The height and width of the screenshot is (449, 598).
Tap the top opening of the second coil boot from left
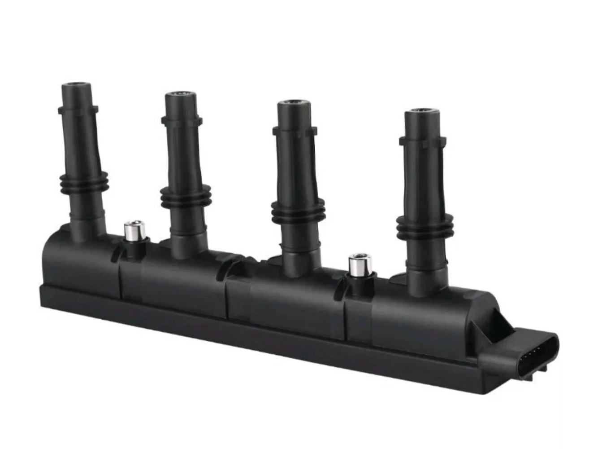(x=180, y=95)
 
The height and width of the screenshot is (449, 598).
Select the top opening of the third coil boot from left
(x=293, y=104)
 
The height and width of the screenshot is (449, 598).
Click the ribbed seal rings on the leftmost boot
(x=84, y=182)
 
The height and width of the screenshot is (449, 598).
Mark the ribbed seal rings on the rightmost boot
(x=424, y=225)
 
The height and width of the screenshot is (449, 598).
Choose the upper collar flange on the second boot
(x=182, y=119)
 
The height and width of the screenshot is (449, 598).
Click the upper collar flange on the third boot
(x=295, y=130)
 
